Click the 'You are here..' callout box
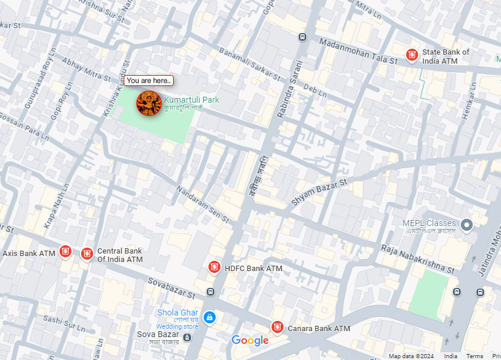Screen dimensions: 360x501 pyautogui.click(x=149, y=81)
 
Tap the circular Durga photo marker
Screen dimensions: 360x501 pyautogui.click(x=148, y=103)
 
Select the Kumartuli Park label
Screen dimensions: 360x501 pyautogui.click(x=191, y=100)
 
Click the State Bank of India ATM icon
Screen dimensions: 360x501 pyautogui.click(x=412, y=56)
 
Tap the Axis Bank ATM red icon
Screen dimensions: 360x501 pyautogui.click(x=65, y=251)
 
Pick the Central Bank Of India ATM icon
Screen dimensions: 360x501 pyautogui.click(x=87, y=254)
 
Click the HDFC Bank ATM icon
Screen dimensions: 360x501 pyautogui.click(x=214, y=267)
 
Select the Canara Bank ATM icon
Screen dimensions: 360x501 pyautogui.click(x=278, y=327)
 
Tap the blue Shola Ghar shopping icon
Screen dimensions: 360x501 pyautogui.click(x=209, y=317)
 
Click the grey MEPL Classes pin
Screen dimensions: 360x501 pyautogui.click(x=467, y=225)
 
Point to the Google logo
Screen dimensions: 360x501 pyautogui.click(x=250, y=341)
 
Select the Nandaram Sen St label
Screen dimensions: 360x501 pyautogui.click(x=203, y=205)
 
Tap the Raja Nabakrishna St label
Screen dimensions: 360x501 pyautogui.click(x=417, y=258)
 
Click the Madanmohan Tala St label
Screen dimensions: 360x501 pyautogui.click(x=358, y=52)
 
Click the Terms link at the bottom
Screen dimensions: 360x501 pyautogui.click(x=475, y=356)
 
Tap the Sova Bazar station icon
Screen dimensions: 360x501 pyautogui.click(x=187, y=338)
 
